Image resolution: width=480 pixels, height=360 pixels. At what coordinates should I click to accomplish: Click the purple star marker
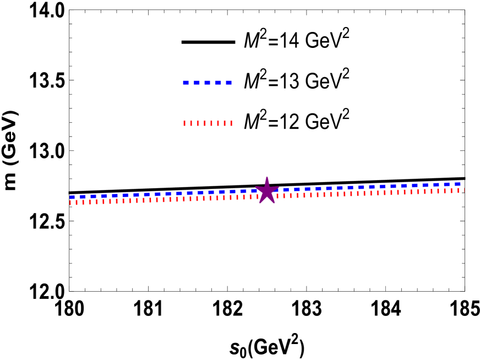(x=267, y=191)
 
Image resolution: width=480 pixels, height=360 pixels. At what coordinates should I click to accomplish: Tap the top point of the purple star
(x=267, y=177)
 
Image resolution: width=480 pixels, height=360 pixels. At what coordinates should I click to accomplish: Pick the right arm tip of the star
(x=279, y=187)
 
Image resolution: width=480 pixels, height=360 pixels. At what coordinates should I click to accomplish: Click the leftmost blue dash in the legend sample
(x=186, y=83)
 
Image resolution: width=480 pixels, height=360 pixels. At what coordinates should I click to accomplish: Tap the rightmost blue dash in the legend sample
(x=229, y=83)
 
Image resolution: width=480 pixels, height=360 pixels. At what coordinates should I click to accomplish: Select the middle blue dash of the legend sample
(x=207, y=83)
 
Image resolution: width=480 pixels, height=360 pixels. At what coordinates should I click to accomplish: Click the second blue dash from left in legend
(x=197, y=83)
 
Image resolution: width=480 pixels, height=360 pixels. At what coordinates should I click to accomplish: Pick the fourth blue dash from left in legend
(x=218, y=83)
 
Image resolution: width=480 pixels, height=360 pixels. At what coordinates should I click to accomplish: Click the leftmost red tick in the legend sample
(x=184, y=124)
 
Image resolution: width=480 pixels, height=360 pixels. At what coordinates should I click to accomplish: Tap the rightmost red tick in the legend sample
(x=231, y=124)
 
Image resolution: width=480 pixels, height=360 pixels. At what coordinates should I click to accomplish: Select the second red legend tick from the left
(x=191, y=124)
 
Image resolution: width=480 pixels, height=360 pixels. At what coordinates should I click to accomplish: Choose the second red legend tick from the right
(x=225, y=124)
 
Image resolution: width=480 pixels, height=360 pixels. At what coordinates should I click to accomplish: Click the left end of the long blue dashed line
(x=70, y=197)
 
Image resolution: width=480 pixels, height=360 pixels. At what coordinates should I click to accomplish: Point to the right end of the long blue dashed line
(x=461, y=184)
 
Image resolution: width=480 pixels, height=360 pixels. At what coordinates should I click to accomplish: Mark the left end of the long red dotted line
(x=70, y=203)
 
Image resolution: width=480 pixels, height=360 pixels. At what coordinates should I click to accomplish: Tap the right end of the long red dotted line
(x=464, y=190)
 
